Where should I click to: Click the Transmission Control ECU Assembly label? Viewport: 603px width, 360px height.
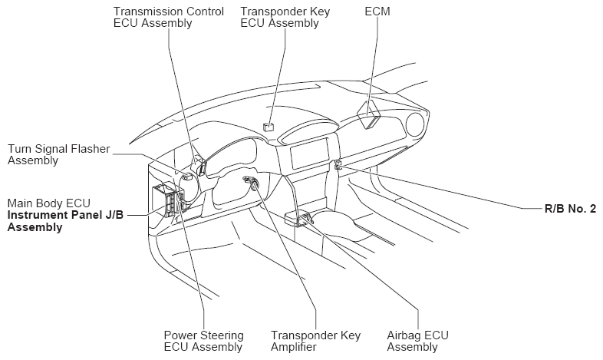pos(169,17)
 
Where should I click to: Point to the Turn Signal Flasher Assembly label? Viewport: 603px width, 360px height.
pos(58,154)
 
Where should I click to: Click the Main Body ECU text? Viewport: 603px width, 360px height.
pos(49,203)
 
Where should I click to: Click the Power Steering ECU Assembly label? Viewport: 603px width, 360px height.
pos(204,341)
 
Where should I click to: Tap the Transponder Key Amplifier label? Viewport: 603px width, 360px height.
pos(315,341)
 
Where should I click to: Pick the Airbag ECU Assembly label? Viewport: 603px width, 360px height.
pos(417,341)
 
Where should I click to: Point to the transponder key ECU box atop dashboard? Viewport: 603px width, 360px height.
pos(269,126)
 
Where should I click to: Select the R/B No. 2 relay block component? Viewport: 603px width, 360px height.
pos(338,164)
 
